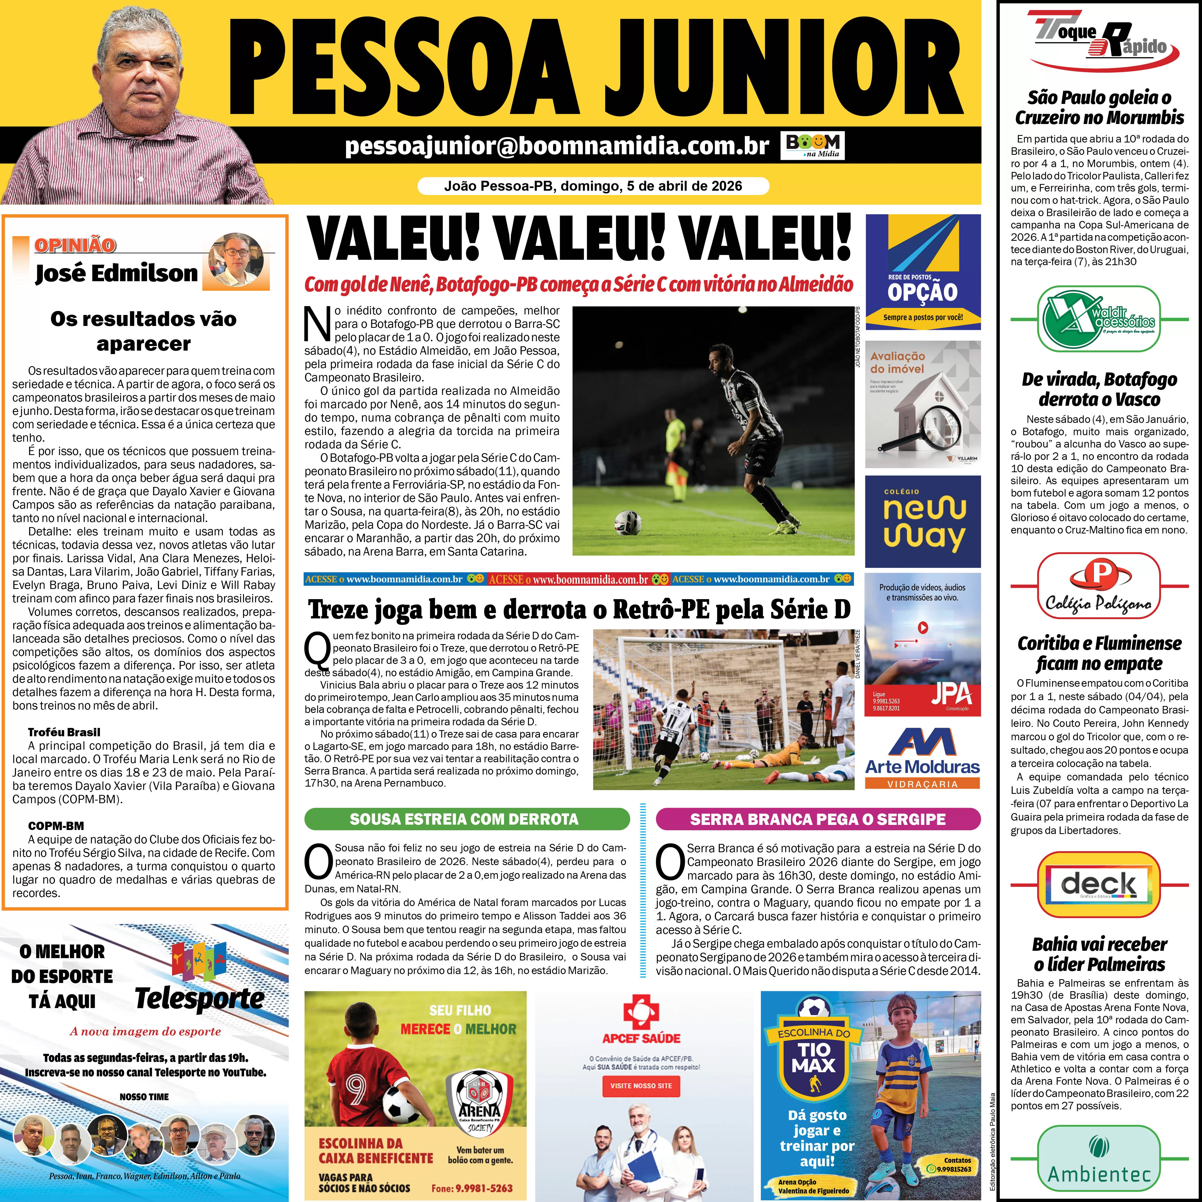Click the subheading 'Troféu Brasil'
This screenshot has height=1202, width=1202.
pyautogui.click(x=64, y=732)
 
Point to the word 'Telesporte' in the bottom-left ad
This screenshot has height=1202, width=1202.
pyautogui.click(x=200, y=1000)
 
